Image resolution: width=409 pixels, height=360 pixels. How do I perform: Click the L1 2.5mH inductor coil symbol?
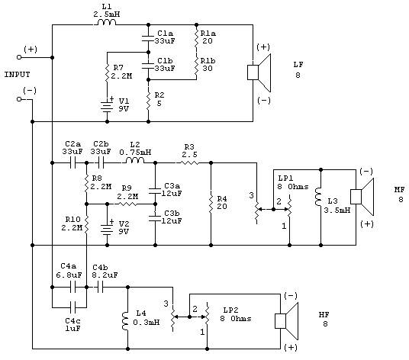[x=105, y=22]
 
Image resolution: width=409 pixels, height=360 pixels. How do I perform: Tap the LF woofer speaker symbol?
[x=259, y=72]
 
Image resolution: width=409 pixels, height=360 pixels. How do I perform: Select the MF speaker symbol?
[x=362, y=197]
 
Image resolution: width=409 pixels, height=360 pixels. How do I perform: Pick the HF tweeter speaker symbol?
[x=287, y=321]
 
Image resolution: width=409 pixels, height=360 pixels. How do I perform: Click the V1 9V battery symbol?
[x=107, y=105]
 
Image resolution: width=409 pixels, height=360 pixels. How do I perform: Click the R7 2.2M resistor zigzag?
[x=107, y=72]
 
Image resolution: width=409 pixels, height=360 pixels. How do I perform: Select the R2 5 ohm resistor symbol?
[x=149, y=100]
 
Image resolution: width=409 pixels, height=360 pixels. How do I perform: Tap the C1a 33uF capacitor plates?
[x=148, y=38]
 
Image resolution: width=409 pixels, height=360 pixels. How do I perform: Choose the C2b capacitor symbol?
[x=101, y=163]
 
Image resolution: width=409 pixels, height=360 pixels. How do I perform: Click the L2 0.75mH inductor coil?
[x=134, y=160]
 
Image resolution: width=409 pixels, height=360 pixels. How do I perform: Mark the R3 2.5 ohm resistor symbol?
[x=189, y=163]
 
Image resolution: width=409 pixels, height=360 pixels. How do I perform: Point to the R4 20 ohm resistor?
[x=211, y=204]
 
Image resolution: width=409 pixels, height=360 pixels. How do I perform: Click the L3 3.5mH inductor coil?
[x=318, y=197]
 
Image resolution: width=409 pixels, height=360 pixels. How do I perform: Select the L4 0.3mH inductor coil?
[x=125, y=321]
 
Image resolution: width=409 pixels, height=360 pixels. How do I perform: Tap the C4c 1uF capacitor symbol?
[x=73, y=307]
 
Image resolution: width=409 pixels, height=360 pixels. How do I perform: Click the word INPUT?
[x=18, y=75]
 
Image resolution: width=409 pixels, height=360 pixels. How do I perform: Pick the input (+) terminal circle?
[x=19, y=57]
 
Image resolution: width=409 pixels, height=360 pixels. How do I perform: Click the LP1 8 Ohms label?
[x=293, y=182]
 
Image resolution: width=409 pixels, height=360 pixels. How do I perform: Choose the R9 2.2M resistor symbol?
[x=127, y=204]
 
